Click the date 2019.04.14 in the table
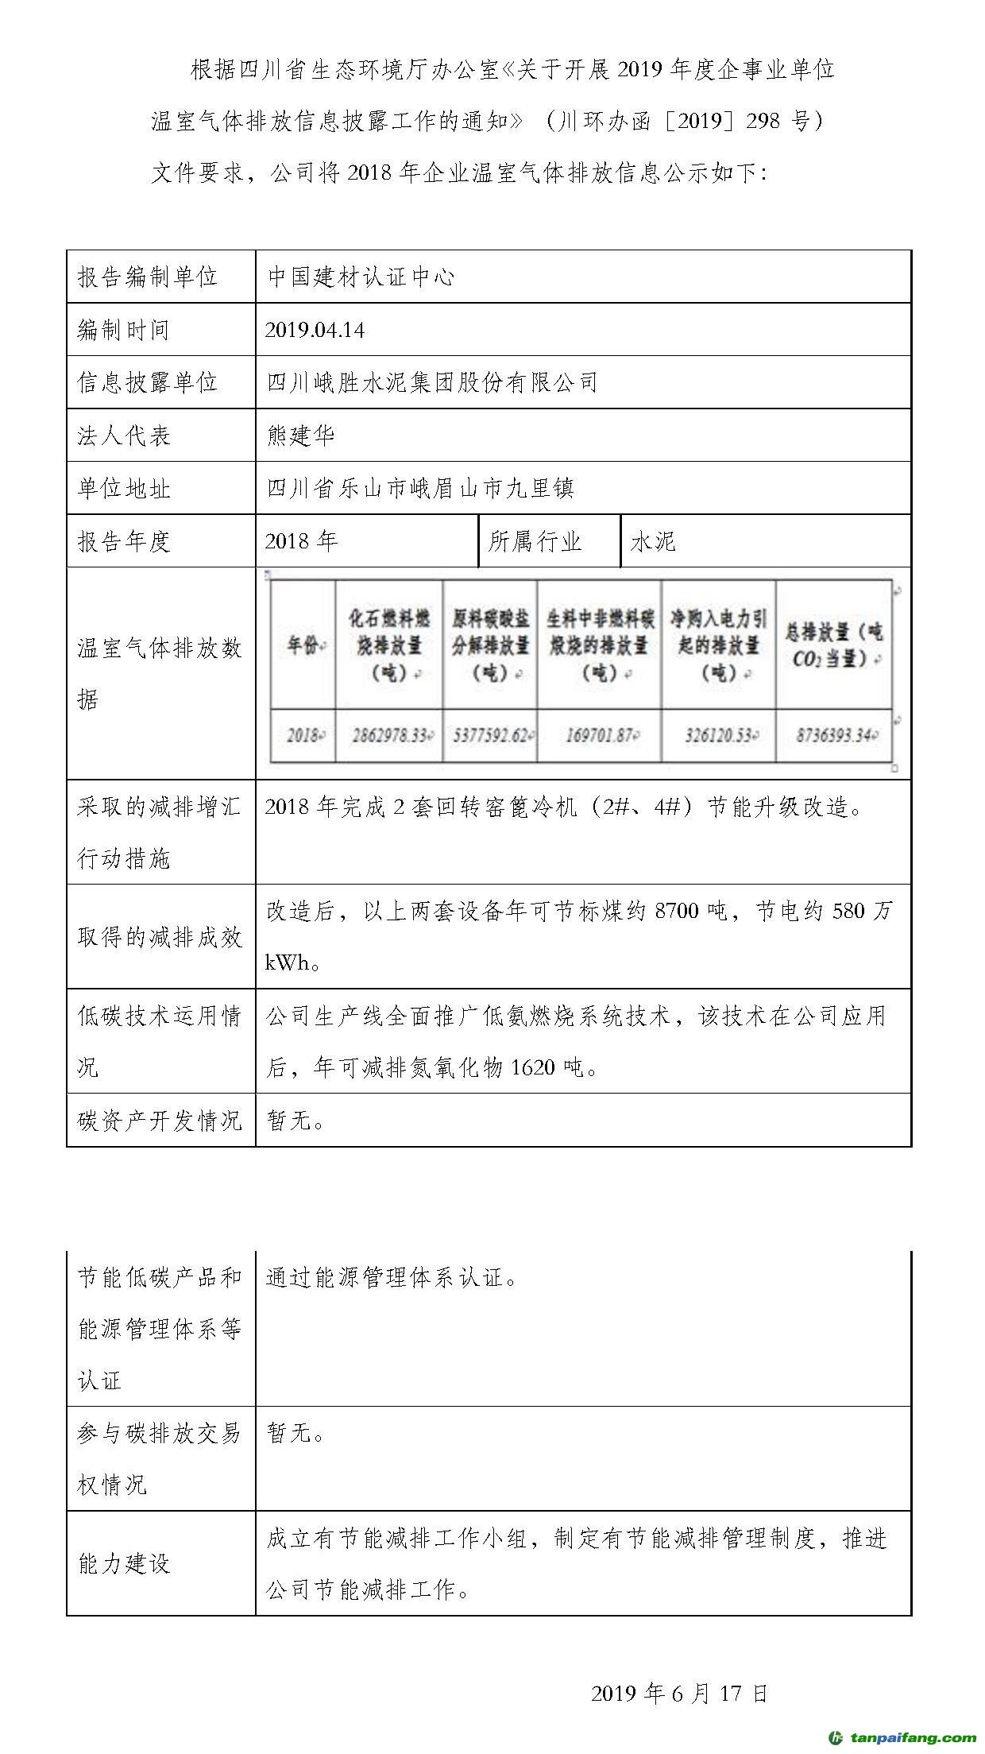point(315,330)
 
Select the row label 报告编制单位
point(147,277)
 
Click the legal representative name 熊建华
point(300,436)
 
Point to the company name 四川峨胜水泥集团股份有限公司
point(432,382)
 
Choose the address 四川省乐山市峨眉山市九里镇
point(419,488)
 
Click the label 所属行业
point(535,541)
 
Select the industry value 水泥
point(653,541)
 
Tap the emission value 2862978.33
point(390,735)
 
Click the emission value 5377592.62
point(490,735)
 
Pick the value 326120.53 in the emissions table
point(718,735)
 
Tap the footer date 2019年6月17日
point(679,1693)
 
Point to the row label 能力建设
point(123,1563)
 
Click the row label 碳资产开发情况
point(159,1121)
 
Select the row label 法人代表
point(123,436)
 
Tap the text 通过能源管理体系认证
point(391,1278)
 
